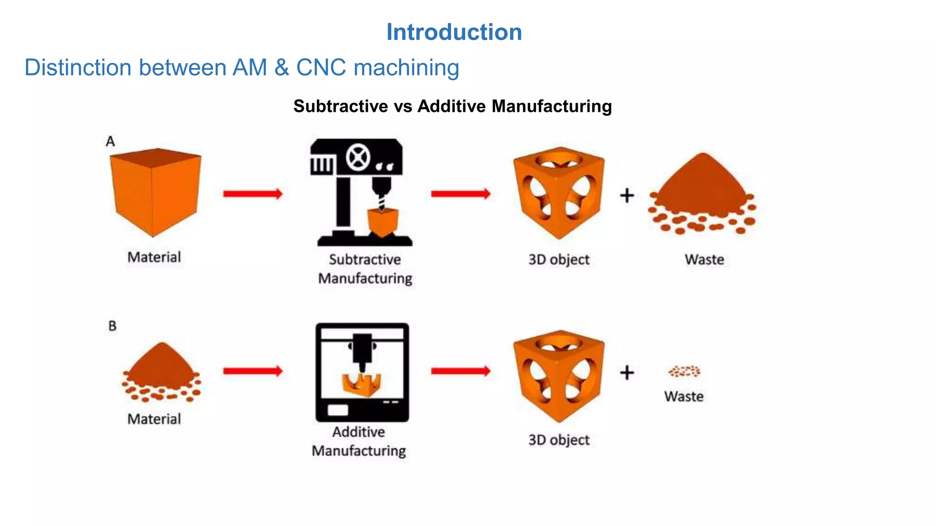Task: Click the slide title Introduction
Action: click(454, 32)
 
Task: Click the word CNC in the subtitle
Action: click(321, 68)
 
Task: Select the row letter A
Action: click(110, 142)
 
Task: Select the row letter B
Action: click(112, 326)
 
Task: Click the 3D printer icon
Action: click(362, 372)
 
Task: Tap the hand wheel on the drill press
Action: click(358, 158)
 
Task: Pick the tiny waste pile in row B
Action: click(684, 371)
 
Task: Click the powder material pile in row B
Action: click(161, 372)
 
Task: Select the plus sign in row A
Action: click(627, 195)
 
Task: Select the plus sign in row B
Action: click(627, 373)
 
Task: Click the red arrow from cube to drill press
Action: click(253, 194)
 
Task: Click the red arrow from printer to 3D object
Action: click(460, 371)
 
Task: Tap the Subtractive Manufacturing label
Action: click(365, 269)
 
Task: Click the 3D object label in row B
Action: click(558, 440)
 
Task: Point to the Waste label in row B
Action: click(684, 396)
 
